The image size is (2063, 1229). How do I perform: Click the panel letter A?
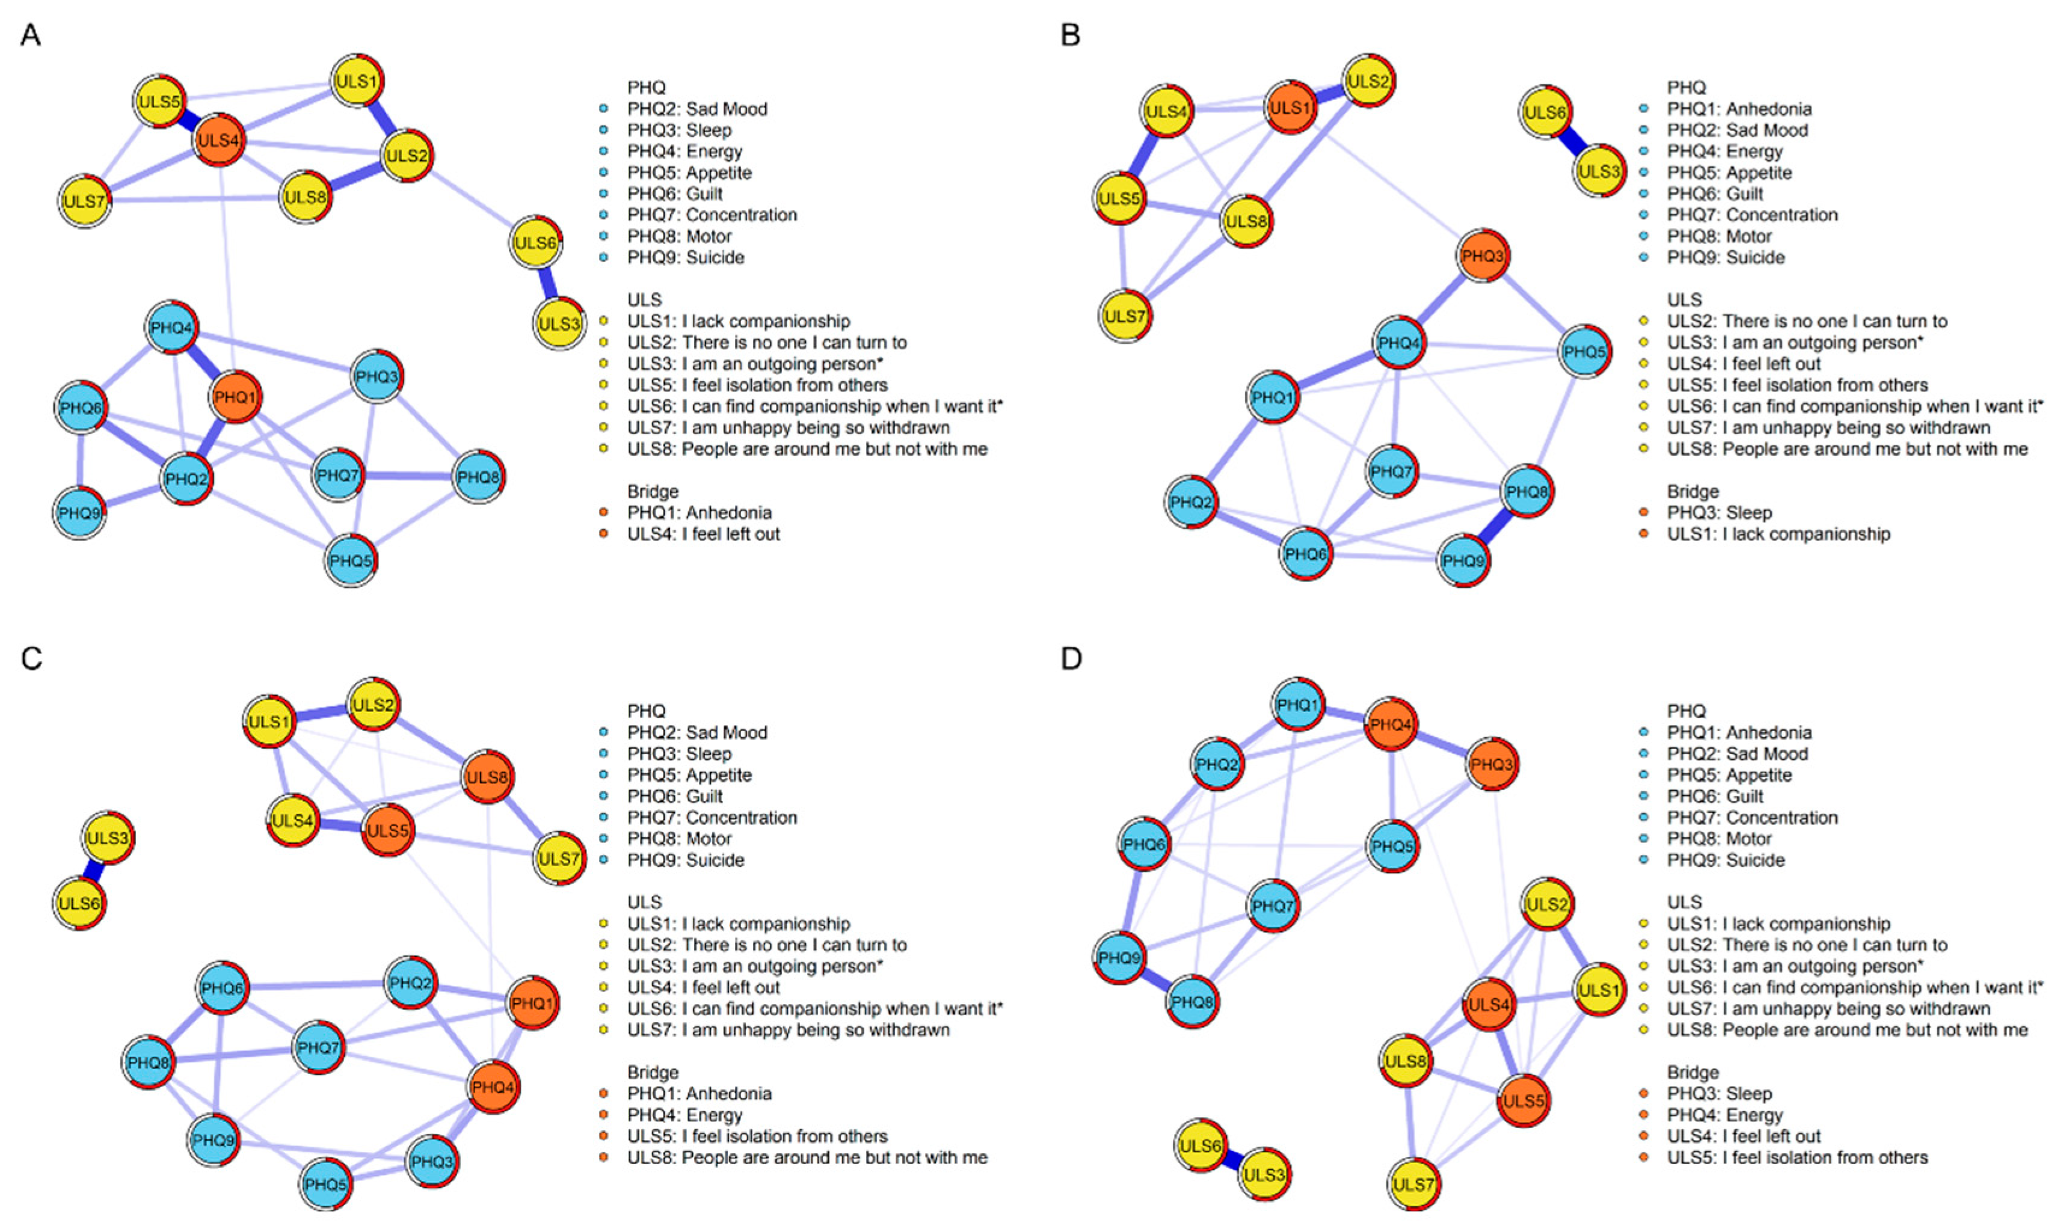tap(31, 35)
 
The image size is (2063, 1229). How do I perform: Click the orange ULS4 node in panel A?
tap(219, 141)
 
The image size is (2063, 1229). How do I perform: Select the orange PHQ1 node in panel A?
tap(235, 397)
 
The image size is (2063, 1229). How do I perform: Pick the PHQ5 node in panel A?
tap(350, 560)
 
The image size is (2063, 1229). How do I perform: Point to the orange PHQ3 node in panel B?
tap(1483, 256)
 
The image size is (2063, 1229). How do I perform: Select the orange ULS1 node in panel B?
tap(1290, 108)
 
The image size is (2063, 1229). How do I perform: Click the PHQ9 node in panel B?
tap(1463, 560)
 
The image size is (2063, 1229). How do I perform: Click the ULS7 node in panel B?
tap(1125, 316)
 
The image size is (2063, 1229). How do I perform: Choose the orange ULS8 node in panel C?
tap(487, 777)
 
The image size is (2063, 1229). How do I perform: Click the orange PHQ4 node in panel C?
tap(494, 1086)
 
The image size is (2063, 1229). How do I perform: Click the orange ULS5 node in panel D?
tap(1523, 1102)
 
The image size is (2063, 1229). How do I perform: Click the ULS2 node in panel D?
tap(1547, 904)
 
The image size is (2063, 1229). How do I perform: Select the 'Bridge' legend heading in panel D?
tap(1693, 1073)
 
